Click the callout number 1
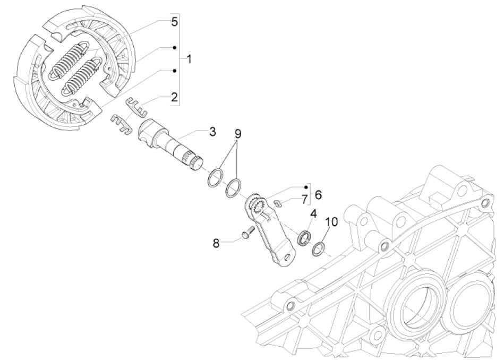tap(189, 57)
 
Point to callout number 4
tap(313, 215)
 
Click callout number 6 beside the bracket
tap(318, 195)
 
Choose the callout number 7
tap(304, 200)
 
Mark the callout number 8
tap(216, 243)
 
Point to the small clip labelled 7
tap(278, 202)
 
